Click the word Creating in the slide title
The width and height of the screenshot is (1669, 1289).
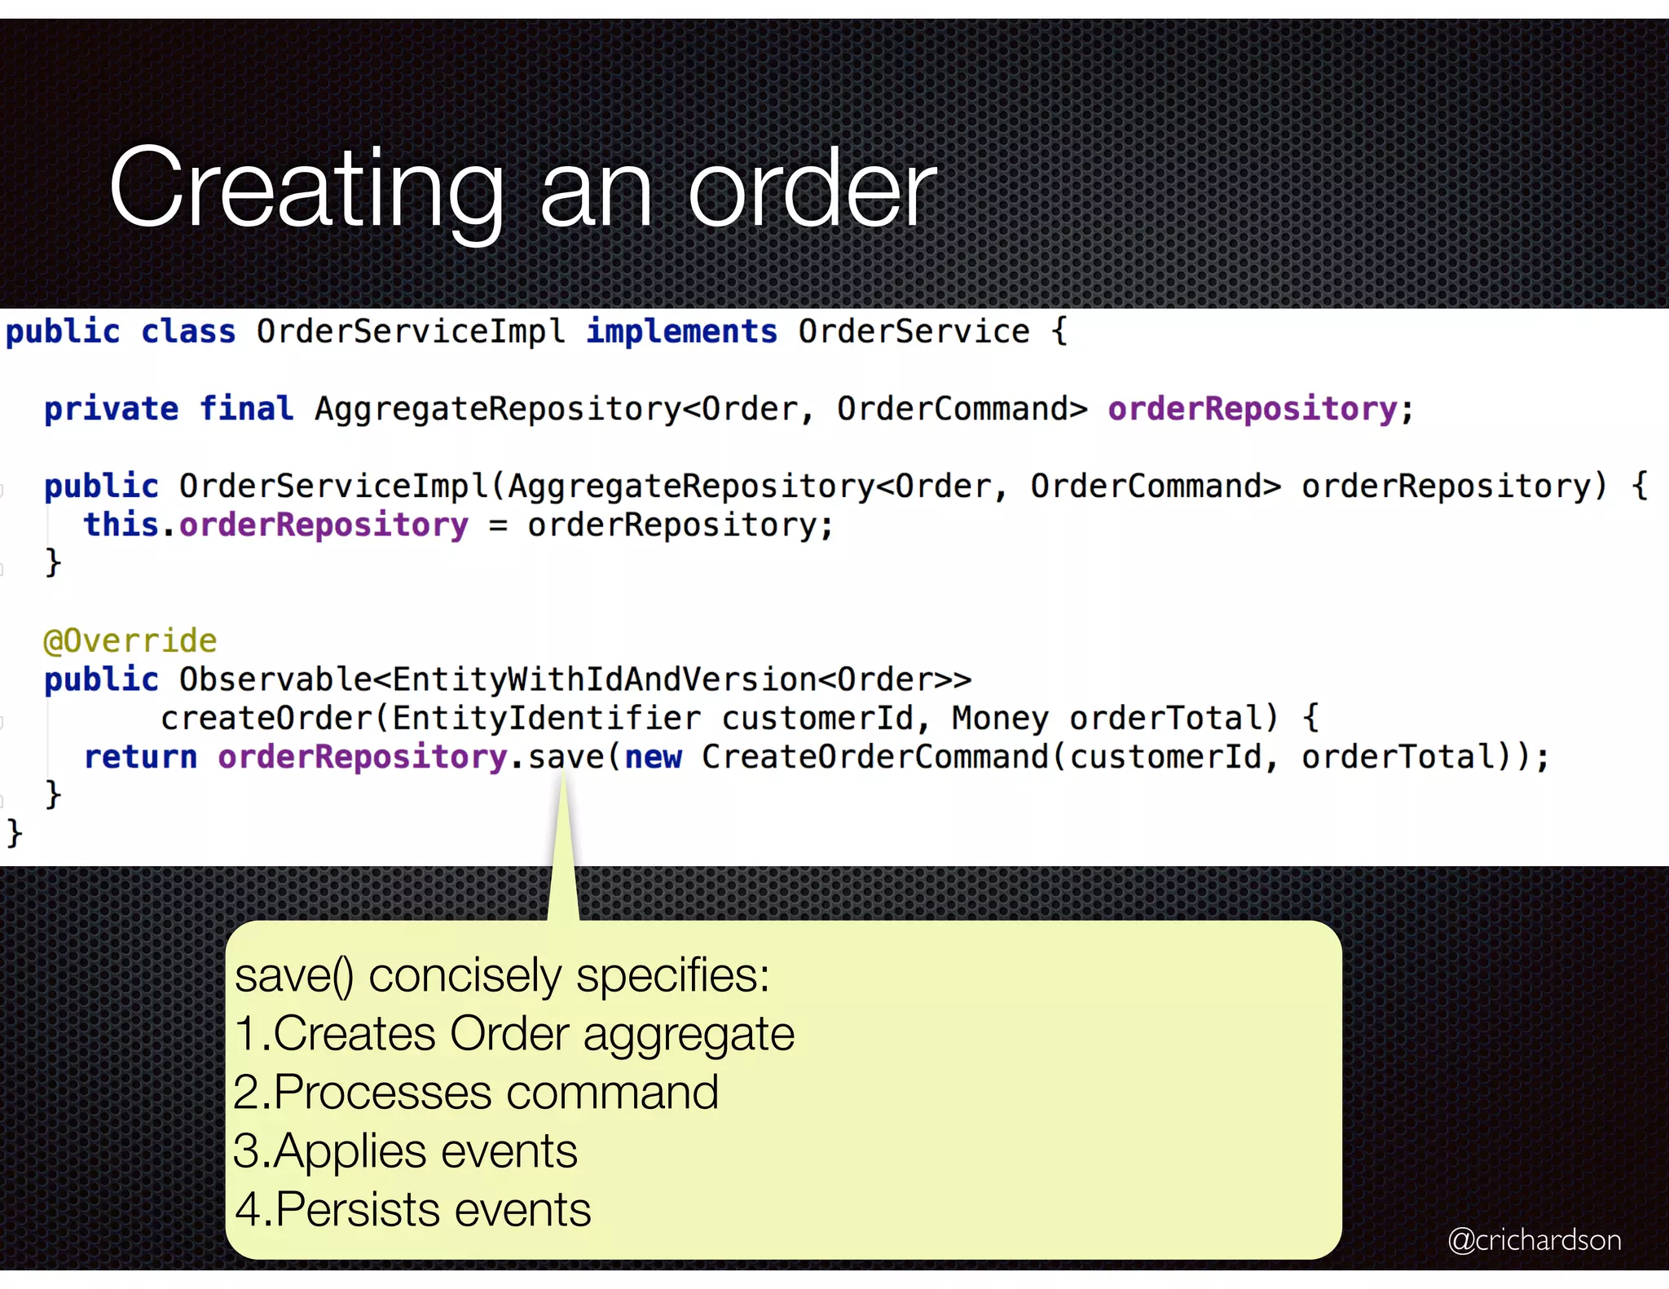(x=306, y=189)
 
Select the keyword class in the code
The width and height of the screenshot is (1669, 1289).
(x=188, y=332)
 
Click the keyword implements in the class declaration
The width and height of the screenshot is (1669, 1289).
(x=681, y=332)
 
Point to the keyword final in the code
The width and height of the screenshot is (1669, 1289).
(x=246, y=408)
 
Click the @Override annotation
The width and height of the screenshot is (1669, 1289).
(x=130, y=640)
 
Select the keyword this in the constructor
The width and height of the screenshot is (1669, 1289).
(x=121, y=525)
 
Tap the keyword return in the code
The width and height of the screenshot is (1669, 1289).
(x=140, y=757)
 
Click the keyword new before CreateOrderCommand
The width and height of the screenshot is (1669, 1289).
(x=653, y=757)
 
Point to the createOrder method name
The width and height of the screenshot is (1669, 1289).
(x=266, y=718)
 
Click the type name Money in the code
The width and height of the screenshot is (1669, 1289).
(x=1000, y=718)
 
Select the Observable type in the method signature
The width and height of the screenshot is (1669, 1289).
(x=275, y=679)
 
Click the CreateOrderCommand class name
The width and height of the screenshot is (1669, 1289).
(x=875, y=757)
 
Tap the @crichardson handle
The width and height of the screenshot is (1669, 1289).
(x=1534, y=1239)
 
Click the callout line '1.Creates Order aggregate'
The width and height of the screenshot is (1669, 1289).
(x=513, y=1034)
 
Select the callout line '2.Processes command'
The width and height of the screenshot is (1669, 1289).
(x=476, y=1093)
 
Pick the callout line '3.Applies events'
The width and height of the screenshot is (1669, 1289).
(x=405, y=1151)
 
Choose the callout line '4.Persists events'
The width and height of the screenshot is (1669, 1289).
(x=412, y=1210)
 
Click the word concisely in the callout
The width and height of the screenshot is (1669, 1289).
(x=465, y=975)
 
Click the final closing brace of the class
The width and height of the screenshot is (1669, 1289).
(x=14, y=833)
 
